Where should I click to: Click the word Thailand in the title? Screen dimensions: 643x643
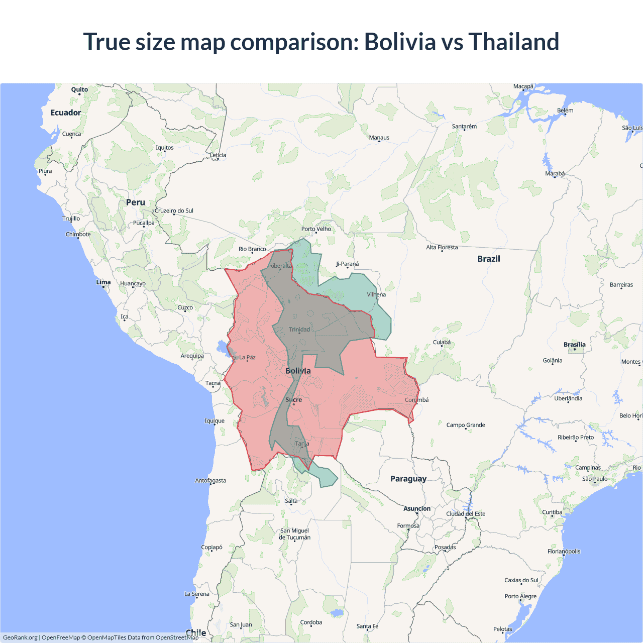(x=513, y=42)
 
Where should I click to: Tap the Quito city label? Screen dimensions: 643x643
(x=79, y=89)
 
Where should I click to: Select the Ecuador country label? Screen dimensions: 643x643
(x=65, y=113)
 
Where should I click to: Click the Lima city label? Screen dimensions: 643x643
(x=103, y=282)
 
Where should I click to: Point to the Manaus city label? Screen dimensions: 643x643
(x=379, y=137)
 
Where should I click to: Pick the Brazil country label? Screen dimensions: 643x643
(x=488, y=259)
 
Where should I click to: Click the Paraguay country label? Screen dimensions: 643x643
(x=408, y=479)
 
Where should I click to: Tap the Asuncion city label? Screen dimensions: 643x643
(x=417, y=508)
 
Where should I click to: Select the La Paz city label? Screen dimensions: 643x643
(x=247, y=357)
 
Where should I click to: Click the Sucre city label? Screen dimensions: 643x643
(x=293, y=400)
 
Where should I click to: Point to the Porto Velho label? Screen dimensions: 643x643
(x=316, y=229)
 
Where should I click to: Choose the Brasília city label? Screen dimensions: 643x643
(x=574, y=345)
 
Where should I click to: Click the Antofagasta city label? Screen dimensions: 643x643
(x=210, y=480)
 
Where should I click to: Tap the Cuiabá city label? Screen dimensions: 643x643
(x=442, y=342)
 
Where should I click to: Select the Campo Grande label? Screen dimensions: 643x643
(x=466, y=425)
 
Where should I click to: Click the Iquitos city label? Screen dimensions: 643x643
(x=164, y=148)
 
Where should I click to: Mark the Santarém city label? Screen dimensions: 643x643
(x=464, y=126)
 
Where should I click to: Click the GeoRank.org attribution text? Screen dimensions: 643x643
(x=20, y=637)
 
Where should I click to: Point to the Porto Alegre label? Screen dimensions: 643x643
(x=520, y=596)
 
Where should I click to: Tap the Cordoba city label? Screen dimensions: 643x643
(x=311, y=622)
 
